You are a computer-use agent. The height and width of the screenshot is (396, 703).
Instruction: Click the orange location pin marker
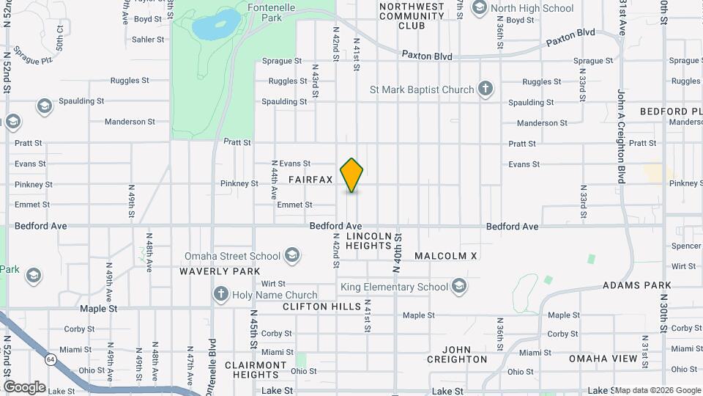(352, 175)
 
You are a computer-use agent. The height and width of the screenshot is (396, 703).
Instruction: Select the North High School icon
(480, 8)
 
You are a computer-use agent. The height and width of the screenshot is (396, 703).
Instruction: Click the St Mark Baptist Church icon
(485, 89)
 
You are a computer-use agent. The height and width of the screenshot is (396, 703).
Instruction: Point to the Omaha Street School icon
(291, 255)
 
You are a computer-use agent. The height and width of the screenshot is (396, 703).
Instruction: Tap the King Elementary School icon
(459, 286)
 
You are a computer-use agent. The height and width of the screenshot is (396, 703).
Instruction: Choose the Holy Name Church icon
(220, 295)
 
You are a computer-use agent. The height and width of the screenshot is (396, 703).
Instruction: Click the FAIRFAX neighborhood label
(310, 180)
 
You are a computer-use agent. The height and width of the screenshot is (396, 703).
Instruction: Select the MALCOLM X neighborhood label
(445, 256)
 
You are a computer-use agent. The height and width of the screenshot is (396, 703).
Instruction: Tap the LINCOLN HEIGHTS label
(369, 241)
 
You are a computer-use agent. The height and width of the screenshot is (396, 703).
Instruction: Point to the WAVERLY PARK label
(220, 271)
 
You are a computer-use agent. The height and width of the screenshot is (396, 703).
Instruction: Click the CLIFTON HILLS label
(321, 307)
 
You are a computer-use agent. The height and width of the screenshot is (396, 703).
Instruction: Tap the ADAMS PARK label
(636, 285)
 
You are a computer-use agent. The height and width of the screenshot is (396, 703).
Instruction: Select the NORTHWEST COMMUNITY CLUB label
(412, 16)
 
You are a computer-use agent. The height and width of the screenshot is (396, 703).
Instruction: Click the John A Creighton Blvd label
(621, 136)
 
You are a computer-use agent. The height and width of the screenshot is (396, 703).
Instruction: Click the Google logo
(24, 386)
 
